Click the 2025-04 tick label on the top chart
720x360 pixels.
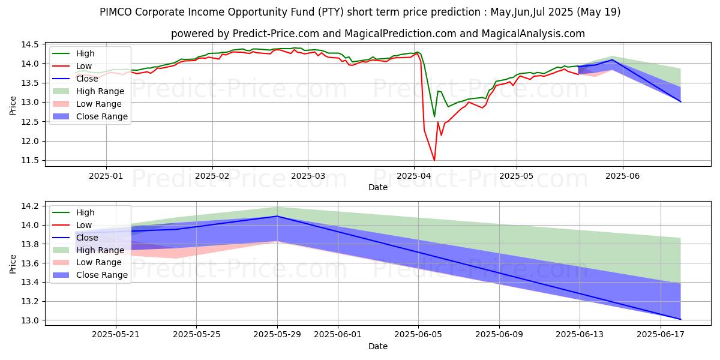(413, 175)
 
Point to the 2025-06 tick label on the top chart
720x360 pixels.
(623, 175)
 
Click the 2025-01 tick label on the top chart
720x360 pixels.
(106, 175)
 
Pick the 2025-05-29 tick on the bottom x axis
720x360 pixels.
(277, 334)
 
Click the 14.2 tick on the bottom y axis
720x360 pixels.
(31, 206)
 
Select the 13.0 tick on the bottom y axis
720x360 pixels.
(31, 320)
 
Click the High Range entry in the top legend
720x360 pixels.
(101, 91)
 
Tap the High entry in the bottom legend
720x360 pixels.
(85, 212)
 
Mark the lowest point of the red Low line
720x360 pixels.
(434, 160)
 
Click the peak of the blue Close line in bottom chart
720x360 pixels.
(277, 216)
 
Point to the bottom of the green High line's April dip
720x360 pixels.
(434, 116)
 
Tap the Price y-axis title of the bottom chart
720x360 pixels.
(13, 263)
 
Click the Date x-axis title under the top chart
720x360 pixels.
(378, 187)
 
